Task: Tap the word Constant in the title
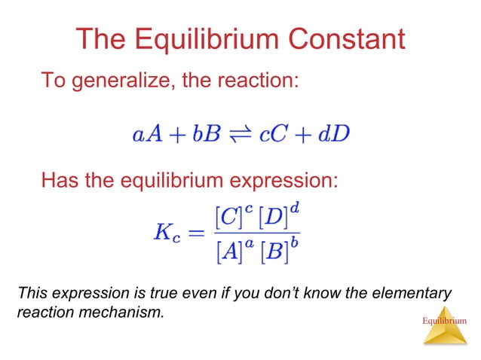pyautogui.click(x=348, y=39)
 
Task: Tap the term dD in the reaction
pyautogui.click(x=332, y=136)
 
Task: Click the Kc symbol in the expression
pyautogui.click(x=164, y=233)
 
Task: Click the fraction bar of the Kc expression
pyautogui.click(x=256, y=233)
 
